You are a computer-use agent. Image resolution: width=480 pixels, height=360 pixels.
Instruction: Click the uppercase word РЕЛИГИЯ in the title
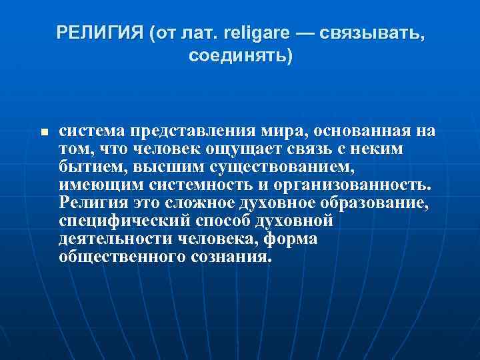tap(99, 32)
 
